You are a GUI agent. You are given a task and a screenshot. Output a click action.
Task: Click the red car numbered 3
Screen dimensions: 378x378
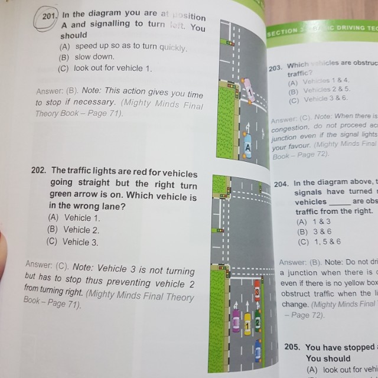[x=258, y=292]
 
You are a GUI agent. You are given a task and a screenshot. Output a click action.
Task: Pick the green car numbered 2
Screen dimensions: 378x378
[x=257, y=322]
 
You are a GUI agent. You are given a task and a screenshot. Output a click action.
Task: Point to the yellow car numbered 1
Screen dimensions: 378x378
[x=247, y=325]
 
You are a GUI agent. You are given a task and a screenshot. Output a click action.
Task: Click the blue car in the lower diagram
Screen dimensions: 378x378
[x=258, y=353]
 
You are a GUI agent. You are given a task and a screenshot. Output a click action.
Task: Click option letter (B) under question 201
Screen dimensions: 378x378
[x=64, y=57]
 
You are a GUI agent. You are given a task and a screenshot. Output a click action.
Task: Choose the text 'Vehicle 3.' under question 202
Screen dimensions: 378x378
[x=80, y=242]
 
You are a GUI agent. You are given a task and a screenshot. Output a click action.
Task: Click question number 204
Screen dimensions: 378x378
[x=282, y=183]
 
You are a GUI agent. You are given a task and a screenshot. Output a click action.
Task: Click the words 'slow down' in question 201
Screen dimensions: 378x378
[x=94, y=57]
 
